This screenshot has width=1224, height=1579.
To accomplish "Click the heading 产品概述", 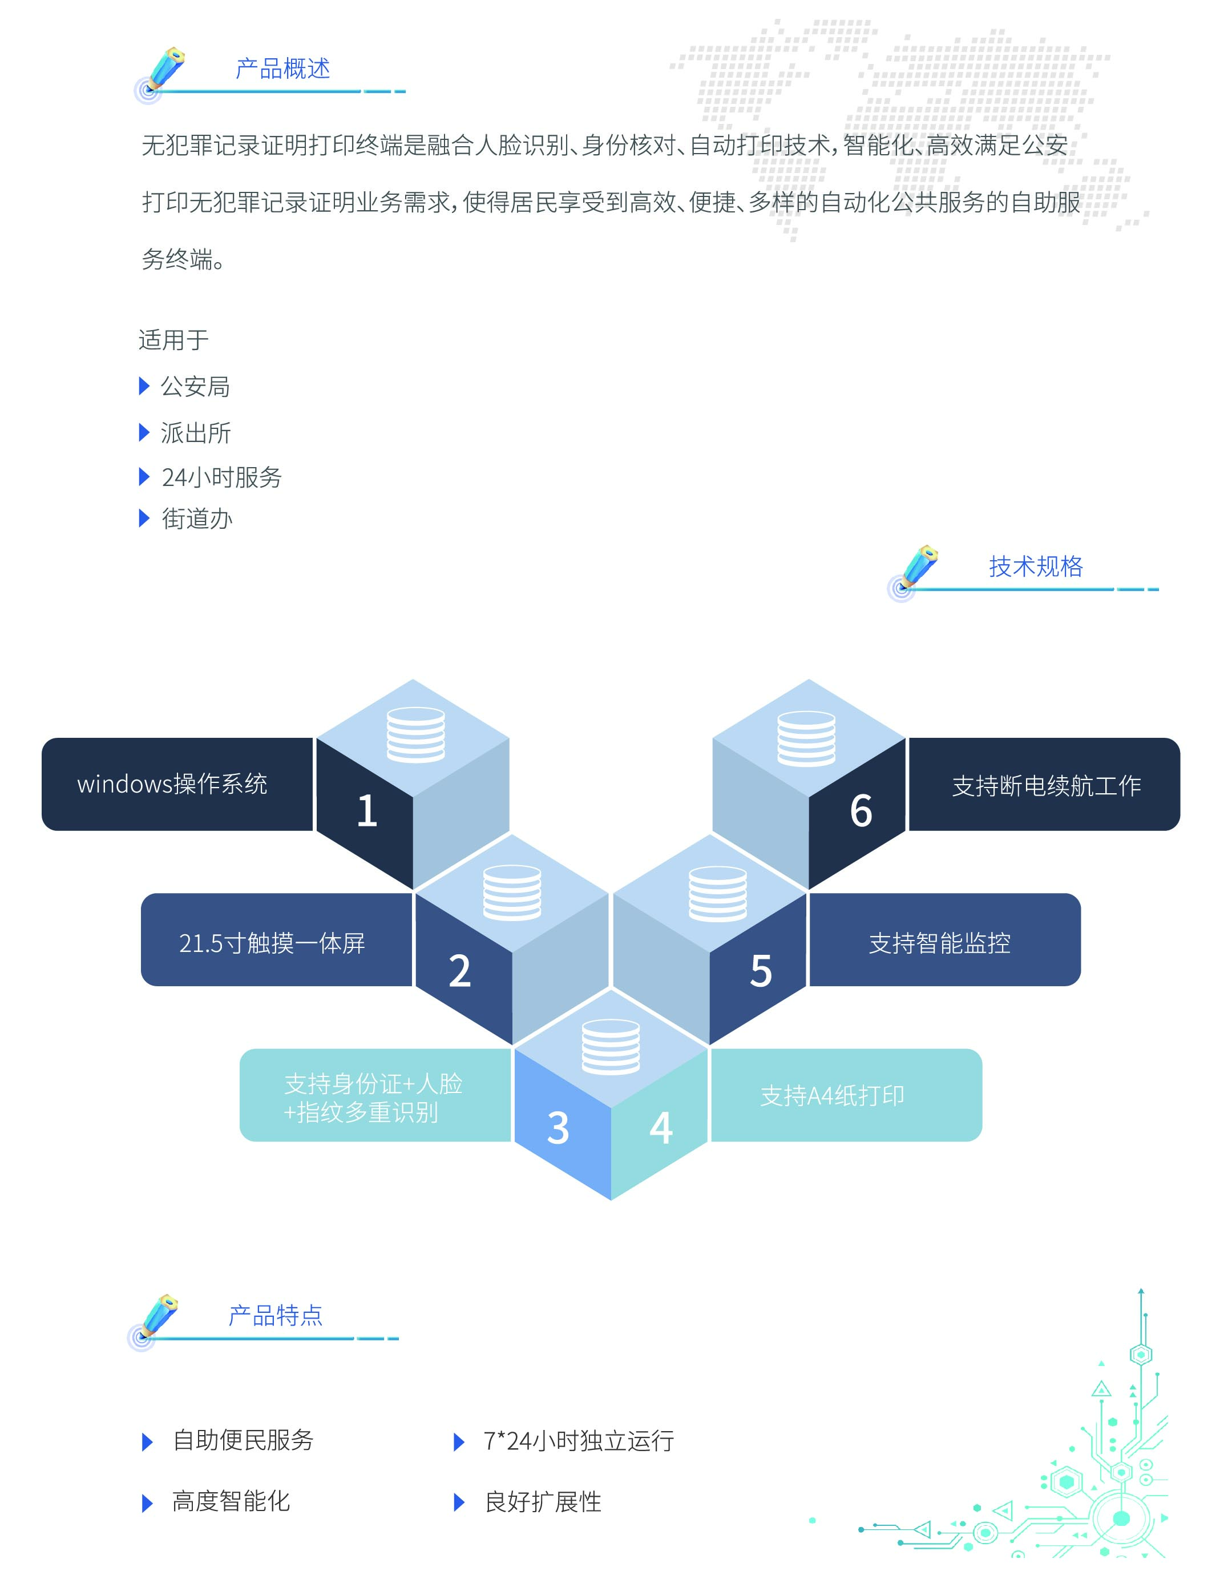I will [282, 69].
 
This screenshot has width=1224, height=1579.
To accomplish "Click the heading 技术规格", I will [1036, 566].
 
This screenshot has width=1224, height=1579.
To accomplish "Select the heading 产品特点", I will [275, 1315].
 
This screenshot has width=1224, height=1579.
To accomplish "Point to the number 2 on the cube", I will [459, 970].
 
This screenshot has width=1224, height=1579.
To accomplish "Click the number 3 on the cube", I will [558, 1127].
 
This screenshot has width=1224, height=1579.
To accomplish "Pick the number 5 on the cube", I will [761, 970].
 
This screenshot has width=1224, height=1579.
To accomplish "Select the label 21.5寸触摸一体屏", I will [272, 943].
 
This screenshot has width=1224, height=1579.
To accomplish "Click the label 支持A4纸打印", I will [831, 1096].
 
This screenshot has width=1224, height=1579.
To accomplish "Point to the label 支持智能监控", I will [939, 943].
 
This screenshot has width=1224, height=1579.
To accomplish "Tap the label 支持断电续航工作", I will [1047, 786].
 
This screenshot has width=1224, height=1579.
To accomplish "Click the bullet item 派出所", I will [195, 433].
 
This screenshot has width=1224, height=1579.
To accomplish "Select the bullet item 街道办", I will [196, 519].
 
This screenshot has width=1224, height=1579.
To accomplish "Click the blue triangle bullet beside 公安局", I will [144, 386].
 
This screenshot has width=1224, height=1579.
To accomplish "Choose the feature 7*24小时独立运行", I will [578, 1441].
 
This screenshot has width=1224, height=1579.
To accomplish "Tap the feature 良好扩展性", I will [543, 1502].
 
